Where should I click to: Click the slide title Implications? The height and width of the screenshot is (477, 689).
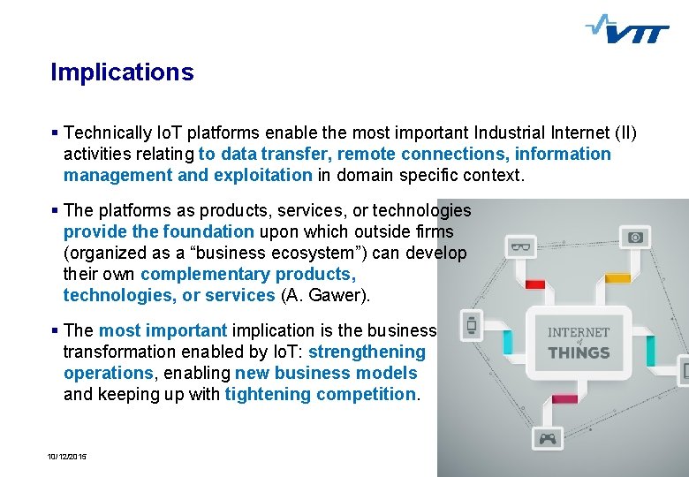point(122,72)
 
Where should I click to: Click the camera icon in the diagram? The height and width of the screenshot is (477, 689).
point(636,237)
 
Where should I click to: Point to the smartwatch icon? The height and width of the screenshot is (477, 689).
point(472,324)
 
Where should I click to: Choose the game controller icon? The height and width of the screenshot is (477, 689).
point(548,437)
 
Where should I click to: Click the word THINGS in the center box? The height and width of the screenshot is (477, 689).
point(579,352)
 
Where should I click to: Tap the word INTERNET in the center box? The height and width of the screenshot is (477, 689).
point(579,332)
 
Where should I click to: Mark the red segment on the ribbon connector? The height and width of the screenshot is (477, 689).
point(535,284)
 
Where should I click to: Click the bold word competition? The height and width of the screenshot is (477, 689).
point(363,394)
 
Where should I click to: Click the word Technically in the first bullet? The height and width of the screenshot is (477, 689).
point(108,132)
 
